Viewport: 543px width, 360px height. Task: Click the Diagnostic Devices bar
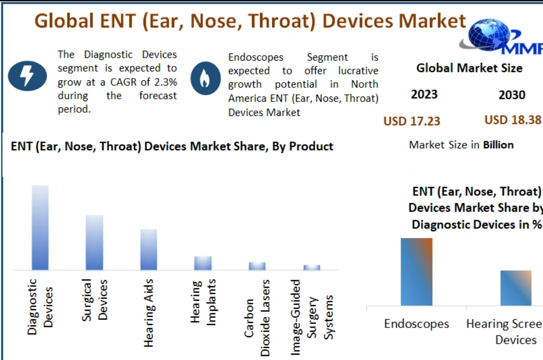coord(40,227)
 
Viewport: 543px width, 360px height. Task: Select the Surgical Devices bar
coord(94,242)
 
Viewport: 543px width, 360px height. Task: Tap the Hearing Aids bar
coord(149,249)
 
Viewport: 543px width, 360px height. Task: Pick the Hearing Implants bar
coord(203,263)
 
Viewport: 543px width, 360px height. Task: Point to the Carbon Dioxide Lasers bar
coord(257,266)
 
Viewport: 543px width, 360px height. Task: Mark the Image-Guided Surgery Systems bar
coord(312,267)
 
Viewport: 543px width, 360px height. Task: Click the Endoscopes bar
coord(416,271)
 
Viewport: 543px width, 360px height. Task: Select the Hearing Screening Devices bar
coord(516,288)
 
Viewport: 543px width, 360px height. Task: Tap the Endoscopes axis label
coord(416,324)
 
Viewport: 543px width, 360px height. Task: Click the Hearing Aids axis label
coord(149,313)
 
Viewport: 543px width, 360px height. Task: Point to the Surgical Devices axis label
coord(95,300)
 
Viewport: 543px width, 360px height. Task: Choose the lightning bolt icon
coord(27,75)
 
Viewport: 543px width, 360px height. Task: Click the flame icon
coord(206,77)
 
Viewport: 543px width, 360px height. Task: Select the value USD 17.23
coord(412,121)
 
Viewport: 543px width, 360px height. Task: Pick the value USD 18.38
coord(513,120)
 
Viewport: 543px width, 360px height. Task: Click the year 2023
coord(424,95)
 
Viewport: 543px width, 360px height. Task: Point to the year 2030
coord(512,95)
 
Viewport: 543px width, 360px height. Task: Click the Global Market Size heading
coord(469,68)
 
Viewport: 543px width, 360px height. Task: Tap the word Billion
coord(498,145)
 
